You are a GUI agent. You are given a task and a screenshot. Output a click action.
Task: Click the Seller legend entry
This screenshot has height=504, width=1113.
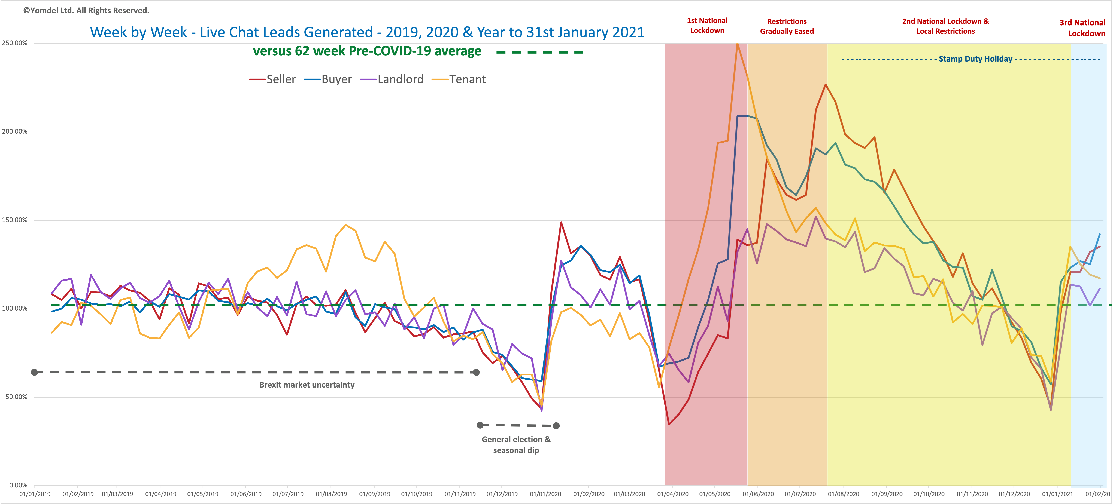[x=273, y=79]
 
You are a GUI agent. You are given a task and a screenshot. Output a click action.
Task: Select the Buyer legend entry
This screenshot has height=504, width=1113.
[x=328, y=79]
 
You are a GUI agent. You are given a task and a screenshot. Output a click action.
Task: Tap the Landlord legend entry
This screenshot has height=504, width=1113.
[x=392, y=79]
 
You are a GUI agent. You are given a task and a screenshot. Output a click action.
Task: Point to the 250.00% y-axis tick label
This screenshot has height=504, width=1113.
[x=15, y=43]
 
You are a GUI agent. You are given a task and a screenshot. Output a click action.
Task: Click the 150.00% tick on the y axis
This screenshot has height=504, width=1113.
[x=15, y=220]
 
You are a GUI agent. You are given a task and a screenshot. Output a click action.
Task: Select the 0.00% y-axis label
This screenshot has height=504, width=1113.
[x=18, y=485]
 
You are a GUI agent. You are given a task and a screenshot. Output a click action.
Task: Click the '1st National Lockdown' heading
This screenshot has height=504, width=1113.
[x=707, y=26]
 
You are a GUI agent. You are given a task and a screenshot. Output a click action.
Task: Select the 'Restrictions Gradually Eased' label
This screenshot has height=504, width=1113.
[x=787, y=26]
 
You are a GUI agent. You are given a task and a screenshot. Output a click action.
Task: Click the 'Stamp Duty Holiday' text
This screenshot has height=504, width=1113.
[x=976, y=59]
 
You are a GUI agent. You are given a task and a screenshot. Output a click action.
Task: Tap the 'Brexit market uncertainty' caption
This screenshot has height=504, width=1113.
[x=307, y=385]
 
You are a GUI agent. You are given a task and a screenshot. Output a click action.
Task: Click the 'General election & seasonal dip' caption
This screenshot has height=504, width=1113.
[x=516, y=445]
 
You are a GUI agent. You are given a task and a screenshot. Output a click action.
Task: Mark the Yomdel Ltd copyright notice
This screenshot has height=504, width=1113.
[x=86, y=10]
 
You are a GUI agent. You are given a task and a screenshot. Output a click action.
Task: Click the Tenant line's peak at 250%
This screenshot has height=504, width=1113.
[x=738, y=44]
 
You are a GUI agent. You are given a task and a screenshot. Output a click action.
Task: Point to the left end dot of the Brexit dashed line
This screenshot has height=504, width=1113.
[x=35, y=372]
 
